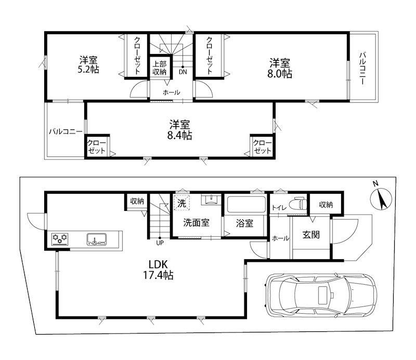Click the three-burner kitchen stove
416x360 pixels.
coord(60,239)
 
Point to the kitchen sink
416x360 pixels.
coord(97,239)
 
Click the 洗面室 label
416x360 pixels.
coord(196,223)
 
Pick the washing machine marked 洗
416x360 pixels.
coord(181,203)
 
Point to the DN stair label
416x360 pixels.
coord(183,72)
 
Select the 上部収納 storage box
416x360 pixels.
coord(159,68)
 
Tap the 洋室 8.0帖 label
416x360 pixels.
coord(280,68)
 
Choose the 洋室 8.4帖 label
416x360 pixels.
coord(180,130)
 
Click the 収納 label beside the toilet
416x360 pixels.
coord(326,205)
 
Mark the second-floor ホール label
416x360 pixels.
coord(172,92)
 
